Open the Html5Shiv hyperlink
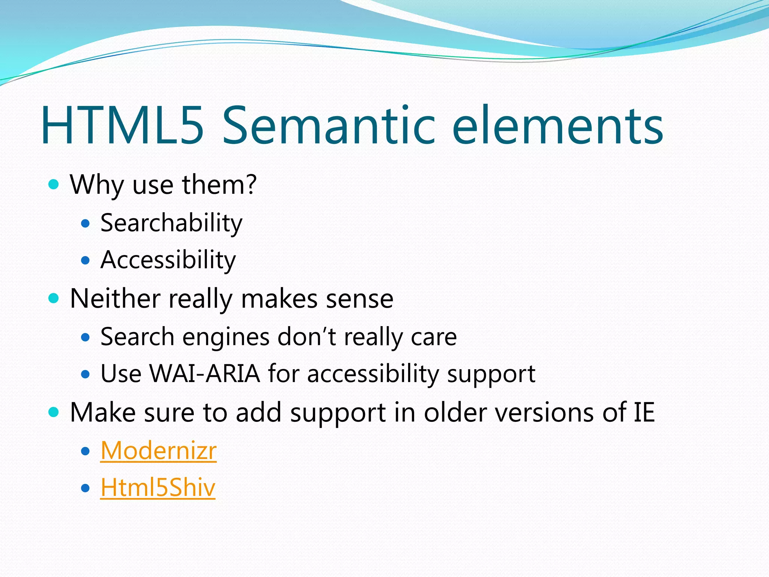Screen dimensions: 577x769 click(x=158, y=487)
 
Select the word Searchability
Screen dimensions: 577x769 click(x=171, y=223)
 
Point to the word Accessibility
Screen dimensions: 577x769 click(x=168, y=260)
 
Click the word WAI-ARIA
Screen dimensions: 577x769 click(x=205, y=374)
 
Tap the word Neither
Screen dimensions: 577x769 click(x=115, y=299)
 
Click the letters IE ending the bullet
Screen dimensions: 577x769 click(x=644, y=412)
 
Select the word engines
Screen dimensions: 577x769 click(x=226, y=337)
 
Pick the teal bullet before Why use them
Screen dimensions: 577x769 click(x=54, y=184)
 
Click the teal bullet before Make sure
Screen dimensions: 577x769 click(x=54, y=412)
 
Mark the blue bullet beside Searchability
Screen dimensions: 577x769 click(x=86, y=224)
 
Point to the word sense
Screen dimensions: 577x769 click(x=359, y=299)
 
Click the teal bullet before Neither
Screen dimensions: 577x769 click(x=54, y=298)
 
